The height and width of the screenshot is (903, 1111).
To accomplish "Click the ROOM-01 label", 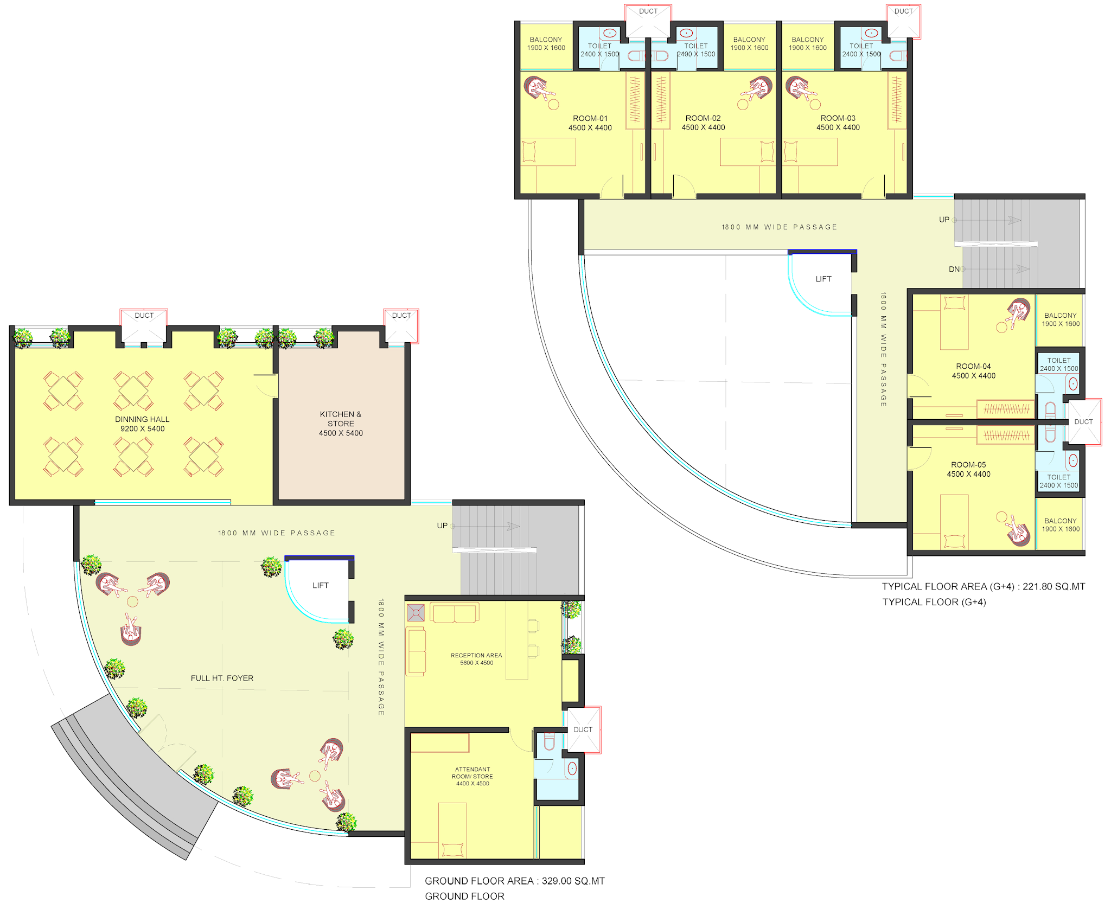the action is click(x=590, y=118).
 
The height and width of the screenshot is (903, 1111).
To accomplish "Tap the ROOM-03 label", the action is click(x=838, y=118).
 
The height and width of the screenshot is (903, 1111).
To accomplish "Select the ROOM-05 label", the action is click(x=968, y=465).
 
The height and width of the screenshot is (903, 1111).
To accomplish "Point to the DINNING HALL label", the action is click(x=142, y=419).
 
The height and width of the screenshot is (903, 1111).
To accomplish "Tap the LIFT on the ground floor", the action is click(x=321, y=585).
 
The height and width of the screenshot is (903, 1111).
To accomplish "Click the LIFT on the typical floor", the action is click(x=823, y=279).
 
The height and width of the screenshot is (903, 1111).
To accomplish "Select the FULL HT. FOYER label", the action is click(x=222, y=678).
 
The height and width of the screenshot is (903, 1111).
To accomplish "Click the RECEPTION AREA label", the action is click(x=476, y=655).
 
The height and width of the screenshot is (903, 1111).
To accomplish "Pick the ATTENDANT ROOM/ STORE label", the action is click(x=473, y=773).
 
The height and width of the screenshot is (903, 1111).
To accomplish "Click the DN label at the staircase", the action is click(x=954, y=269).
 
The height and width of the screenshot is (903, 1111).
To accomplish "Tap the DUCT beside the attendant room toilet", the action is click(x=583, y=729).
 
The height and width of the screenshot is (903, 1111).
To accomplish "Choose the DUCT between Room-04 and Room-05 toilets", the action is click(x=1083, y=421).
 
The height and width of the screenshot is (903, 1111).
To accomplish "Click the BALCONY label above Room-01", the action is click(x=546, y=40).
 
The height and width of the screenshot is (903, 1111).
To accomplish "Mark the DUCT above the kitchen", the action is click(x=401, y=315).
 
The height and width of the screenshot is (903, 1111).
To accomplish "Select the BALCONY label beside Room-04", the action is click(x=1061, y=315).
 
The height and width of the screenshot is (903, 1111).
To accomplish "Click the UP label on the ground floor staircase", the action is click(x=442, y=526).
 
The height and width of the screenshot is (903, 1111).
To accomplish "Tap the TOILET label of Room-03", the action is click(x=861, y=46).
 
